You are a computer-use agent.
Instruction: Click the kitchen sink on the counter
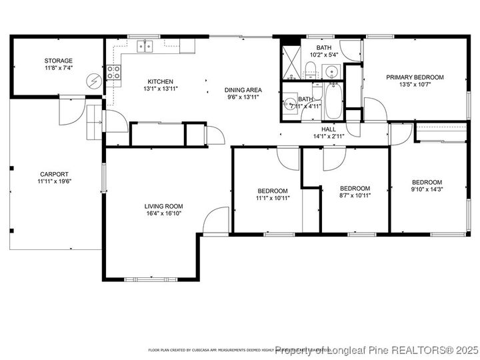[145, 46]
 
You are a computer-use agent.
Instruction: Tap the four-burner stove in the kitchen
[115, 72]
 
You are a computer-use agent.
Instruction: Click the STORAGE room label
[59, 61]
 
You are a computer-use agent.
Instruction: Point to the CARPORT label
[55, 173]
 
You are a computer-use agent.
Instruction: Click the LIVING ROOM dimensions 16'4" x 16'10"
[163, 213]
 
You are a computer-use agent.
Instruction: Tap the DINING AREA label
[243, 90]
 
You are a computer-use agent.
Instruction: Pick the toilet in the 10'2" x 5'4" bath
[311, 67]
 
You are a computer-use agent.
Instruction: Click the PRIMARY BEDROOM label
[415, 77]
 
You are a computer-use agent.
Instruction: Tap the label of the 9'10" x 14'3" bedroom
[426, 183]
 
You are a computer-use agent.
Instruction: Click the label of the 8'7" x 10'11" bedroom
[355, 188]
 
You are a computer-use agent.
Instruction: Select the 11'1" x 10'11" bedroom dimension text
[272, 198]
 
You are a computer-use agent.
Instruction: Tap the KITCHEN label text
[160, 81]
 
